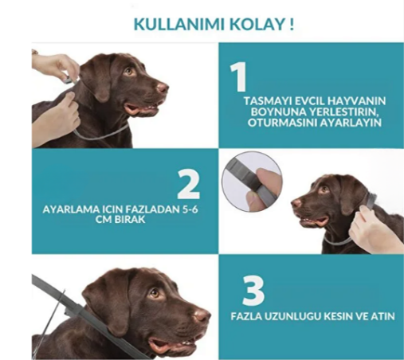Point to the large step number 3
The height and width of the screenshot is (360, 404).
click(253, 291)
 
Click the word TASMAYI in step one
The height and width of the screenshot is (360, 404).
click(267, 102)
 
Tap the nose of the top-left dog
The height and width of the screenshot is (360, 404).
click(163, 88)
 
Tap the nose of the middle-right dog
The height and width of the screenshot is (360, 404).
click(296, 204)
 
